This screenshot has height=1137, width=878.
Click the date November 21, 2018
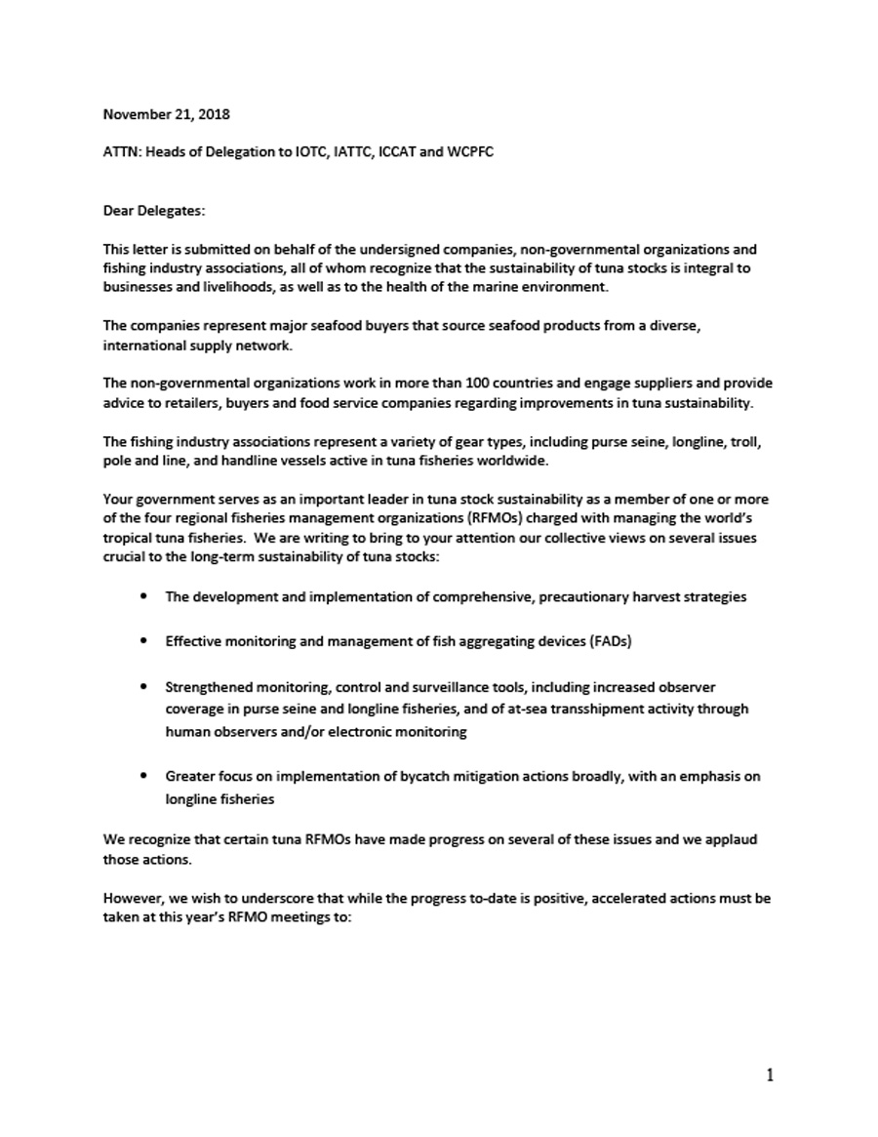click(167, 114)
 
